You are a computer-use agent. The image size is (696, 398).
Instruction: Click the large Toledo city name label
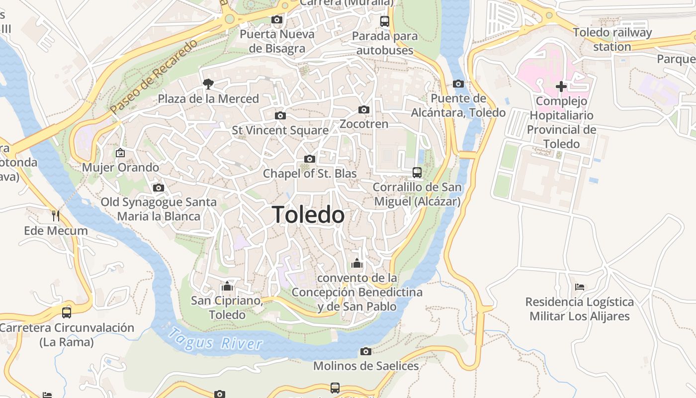308,215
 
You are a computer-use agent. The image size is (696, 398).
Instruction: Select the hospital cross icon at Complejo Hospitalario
561,87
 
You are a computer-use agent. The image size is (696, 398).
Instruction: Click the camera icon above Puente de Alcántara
458,84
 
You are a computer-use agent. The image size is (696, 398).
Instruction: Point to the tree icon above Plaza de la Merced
208,84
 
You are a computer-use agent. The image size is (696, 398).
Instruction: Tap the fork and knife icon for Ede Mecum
56,216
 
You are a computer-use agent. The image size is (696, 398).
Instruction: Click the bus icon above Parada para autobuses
385,21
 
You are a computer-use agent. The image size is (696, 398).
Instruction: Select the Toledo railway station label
612,40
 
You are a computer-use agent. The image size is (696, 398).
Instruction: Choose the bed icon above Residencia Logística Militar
579,287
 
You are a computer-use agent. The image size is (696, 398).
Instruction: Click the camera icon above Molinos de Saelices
366,352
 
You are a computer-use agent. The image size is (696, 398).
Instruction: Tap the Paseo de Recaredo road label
154,76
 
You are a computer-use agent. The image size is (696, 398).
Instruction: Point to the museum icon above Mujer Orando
120,153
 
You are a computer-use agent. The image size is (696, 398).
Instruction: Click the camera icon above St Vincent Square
280,116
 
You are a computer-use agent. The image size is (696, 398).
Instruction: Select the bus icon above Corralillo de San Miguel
417,173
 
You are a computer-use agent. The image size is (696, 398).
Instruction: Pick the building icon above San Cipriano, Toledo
227,286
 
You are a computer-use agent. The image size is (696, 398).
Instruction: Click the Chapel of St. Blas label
310,174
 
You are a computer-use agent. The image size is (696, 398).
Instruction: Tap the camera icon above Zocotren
364,109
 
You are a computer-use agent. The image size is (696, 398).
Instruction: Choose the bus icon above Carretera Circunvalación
67,313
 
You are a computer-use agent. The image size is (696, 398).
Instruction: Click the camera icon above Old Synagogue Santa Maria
159,188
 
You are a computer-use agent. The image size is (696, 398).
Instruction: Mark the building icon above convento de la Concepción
356,263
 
